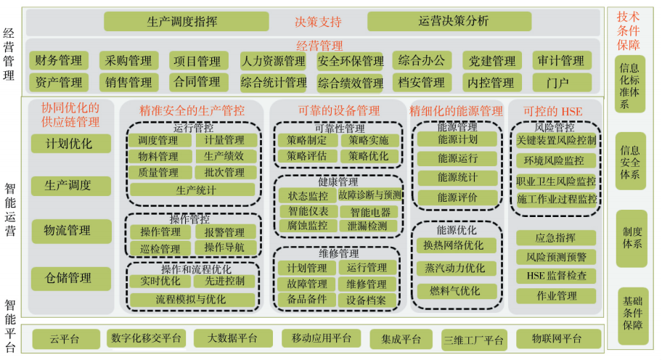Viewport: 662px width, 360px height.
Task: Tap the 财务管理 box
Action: pyautogui.click(x=58, y=60)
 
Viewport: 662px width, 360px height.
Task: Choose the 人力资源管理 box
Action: pyautogui.click(x=273, y=61)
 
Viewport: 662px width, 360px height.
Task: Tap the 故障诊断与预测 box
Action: pyautogui.click(x=369, y=195)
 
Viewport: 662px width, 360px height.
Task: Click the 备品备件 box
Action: pyautogui.click(x=307, y=299)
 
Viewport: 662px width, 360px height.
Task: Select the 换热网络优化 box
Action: pyautogui.click(x=457, y=245)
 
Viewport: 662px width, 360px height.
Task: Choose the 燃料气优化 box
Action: pyautogui.click(x=457, y=291)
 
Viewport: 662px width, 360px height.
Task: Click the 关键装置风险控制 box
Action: pyautogui.click(x=556, y=139)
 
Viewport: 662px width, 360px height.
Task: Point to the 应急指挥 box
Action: pyautogui.click(x=556, y=237)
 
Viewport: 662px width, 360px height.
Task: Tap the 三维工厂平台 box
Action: pyautogui.click(x=473, y=339)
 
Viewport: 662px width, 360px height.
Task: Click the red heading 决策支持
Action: pyautogui.click(x=317, y=21)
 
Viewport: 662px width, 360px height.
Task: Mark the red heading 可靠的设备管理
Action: pyautogui.click(x=338, y=111)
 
